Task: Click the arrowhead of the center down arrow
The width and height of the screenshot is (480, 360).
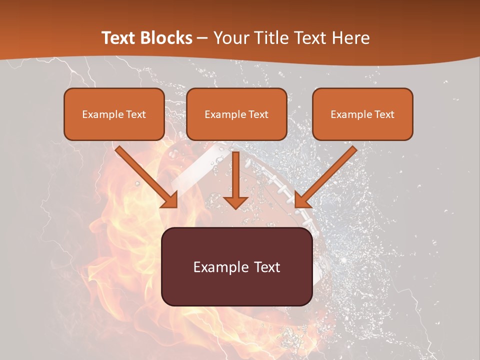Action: pyautogui.click(x=235, y=202)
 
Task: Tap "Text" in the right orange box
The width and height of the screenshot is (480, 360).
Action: pyautogui.click(x=384, y=114)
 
